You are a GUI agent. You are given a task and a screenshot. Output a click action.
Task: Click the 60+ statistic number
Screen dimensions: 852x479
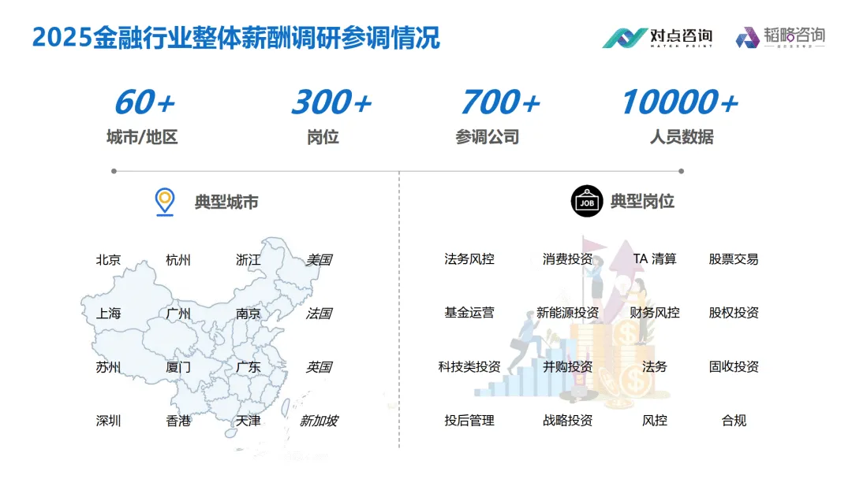pyautogui.click(x=144, y=103)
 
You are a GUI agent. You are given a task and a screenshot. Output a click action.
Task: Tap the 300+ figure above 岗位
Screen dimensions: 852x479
pyautogui.click(x=331, y=103)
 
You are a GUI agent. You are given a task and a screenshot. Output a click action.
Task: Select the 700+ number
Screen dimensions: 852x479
pyautogui.click(x=500, y=103)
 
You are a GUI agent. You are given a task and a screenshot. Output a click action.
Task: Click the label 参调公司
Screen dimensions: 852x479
pyautogui.click(x=487, y=137)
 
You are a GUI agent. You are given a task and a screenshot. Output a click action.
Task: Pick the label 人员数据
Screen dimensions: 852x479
pyautogui.click(x=682, y=137)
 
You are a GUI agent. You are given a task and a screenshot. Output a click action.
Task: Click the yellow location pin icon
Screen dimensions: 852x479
pyautogui.click(x=164, y=202)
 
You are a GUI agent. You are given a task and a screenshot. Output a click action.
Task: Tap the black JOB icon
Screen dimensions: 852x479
pyautogui.click(x=586, y=202)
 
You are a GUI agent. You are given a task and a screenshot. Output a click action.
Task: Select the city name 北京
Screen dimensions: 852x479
pyautogui.click(x=108, y=260)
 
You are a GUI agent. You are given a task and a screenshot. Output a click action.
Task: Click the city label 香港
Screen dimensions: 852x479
pyautogui.click(x=178, y=421)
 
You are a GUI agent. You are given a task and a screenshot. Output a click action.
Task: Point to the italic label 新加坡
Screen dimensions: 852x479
pyautogui.click(x=318, y=421)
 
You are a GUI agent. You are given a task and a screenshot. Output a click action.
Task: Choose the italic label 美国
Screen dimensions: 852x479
pyautogui.click(x=318, y=260)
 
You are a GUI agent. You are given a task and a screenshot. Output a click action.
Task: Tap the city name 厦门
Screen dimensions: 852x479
pyautogui.click(x=178, y=367)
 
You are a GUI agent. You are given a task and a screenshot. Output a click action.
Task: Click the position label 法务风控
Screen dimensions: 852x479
pyautogui.click(x=469, y=258)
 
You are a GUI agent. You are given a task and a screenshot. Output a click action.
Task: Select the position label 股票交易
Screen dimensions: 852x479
pyautogui.click(x=733, y=258)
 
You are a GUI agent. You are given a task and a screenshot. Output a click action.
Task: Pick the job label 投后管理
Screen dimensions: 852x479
pyautogui.click(x=469, y=421)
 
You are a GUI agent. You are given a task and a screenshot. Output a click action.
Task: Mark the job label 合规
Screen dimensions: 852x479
pyautogui.click(x=733, y=421)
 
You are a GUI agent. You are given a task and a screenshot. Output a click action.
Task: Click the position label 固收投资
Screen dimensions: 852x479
pyautogui.click(x=733, y=367)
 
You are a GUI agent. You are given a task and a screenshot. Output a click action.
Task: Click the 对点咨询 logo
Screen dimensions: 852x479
pyautogui.click(x=657, y=37)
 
